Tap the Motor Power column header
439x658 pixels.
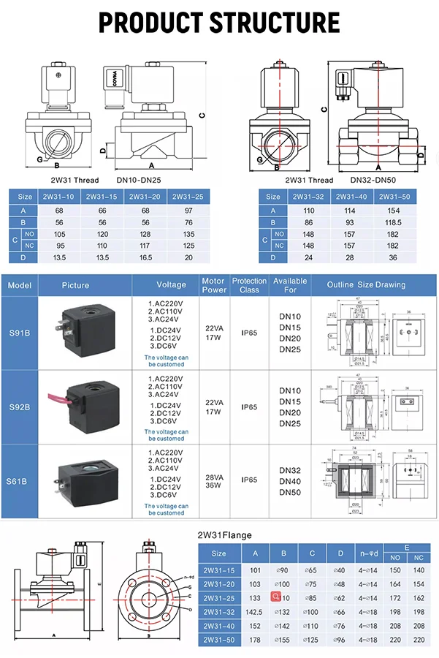tap(213, 284)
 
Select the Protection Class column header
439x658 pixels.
tap(249, 284)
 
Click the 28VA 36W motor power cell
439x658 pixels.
tap(213, 480)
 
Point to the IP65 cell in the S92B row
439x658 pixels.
tap(249, 406)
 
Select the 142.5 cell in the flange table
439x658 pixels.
tap(255, 611)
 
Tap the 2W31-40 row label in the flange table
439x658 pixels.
tap(218, 625)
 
